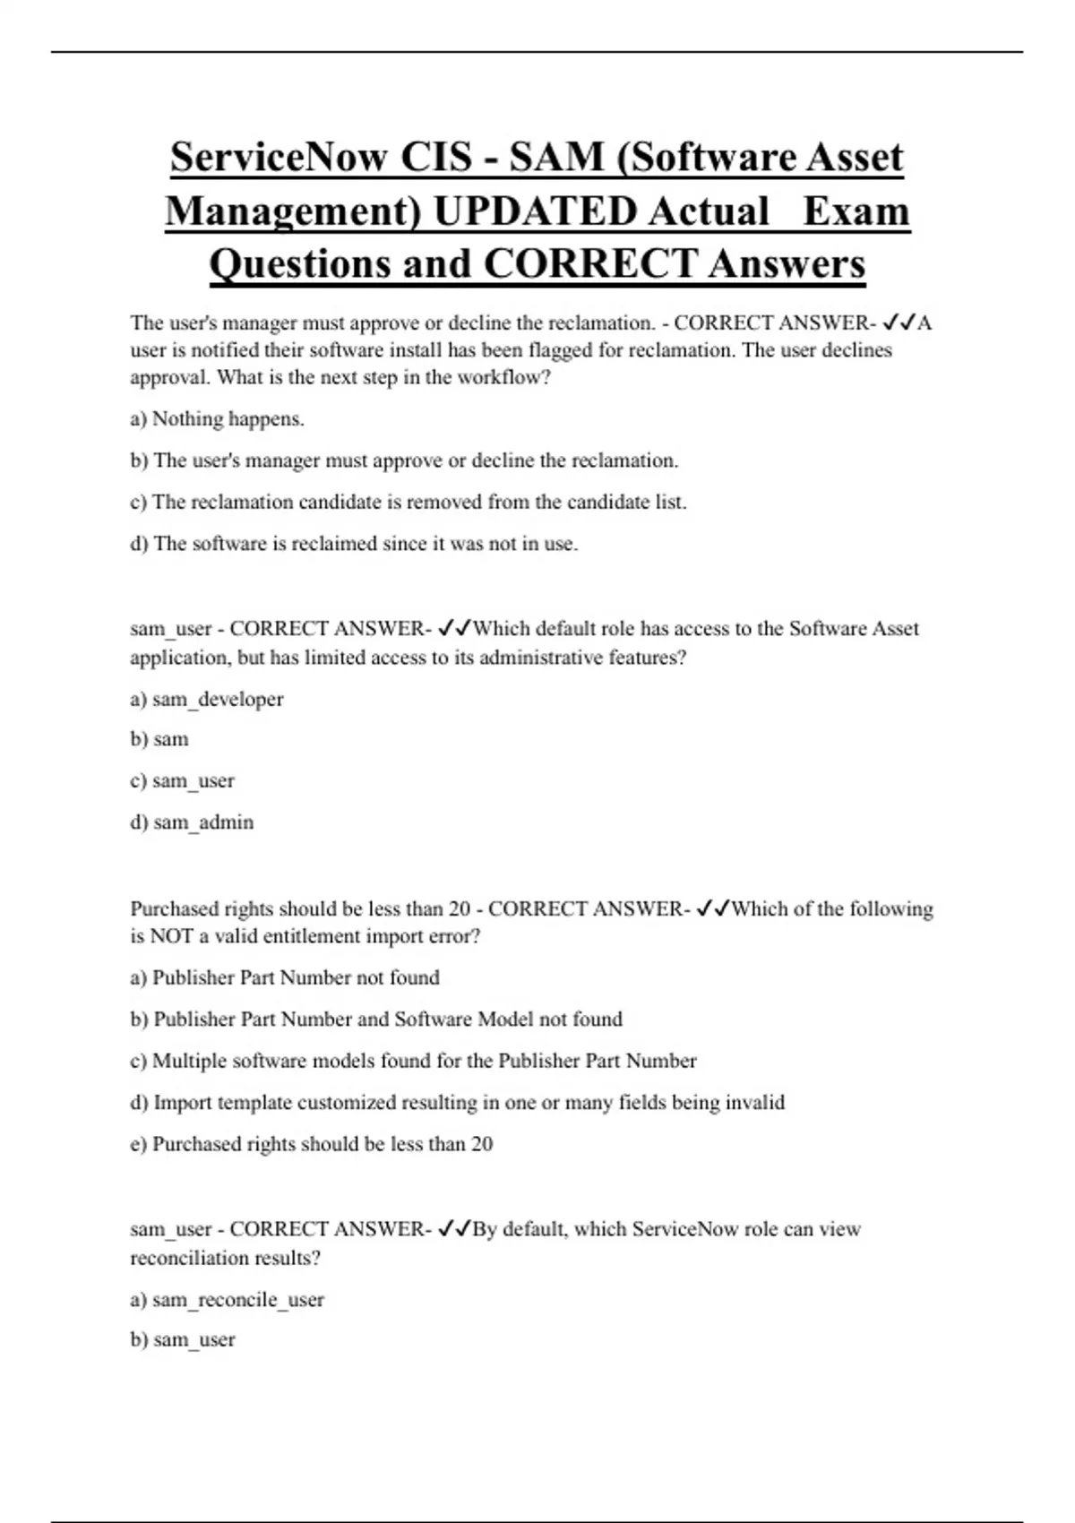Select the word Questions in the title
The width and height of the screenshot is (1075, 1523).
coord(299,264)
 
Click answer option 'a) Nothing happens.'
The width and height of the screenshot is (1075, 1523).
coord(217,419)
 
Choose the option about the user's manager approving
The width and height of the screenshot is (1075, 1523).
coord(404,460)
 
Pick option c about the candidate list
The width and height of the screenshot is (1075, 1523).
coord(408,502)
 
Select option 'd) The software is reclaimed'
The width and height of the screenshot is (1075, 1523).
coord(354,544)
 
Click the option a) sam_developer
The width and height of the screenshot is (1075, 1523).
coord(206,699)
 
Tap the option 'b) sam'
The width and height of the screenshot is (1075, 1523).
coord(159,739)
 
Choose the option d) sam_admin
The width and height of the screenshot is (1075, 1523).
coord(192,822)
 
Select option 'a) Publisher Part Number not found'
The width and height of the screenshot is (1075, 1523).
coord(285,977)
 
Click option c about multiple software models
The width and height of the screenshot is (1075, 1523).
coord(413,1061)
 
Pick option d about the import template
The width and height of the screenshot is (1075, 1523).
coord(457,1102)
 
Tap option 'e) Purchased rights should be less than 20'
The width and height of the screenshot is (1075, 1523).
coord(311,1144)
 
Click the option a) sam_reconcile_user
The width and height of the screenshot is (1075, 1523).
coord(227,1299)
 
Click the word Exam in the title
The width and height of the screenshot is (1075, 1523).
coord(856,211)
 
